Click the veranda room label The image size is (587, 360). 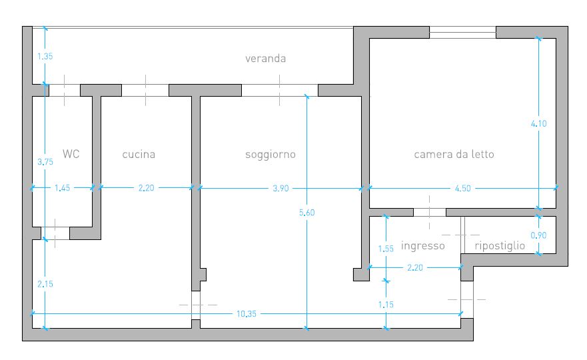point(265,59)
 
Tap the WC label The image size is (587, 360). point(71,153)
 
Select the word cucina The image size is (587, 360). point(139,155)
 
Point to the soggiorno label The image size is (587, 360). point(271,155)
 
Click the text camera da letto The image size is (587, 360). point(454,155)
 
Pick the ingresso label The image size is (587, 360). point(422,246)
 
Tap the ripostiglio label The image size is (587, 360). point(500,246)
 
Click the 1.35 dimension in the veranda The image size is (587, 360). point(45,56)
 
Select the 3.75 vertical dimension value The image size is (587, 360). point(45,162)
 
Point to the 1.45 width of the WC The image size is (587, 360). point(62,188)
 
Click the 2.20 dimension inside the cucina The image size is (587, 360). point(146,188)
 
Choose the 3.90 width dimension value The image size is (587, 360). point(281,188)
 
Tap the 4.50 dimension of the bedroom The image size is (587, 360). point(462,188)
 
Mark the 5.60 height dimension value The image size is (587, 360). point(306,213)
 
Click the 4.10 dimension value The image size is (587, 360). point(539,123)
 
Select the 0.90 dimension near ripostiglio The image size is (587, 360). point(538,235)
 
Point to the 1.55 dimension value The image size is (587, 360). point(386,249)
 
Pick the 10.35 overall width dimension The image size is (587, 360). point(247,314)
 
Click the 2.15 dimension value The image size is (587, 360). point(45,284)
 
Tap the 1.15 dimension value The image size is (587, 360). point(386,305)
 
